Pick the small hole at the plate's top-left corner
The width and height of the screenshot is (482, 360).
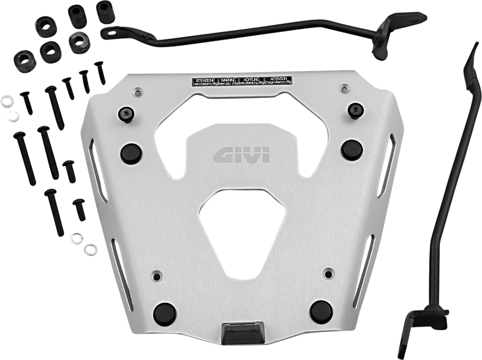coord(137,93)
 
